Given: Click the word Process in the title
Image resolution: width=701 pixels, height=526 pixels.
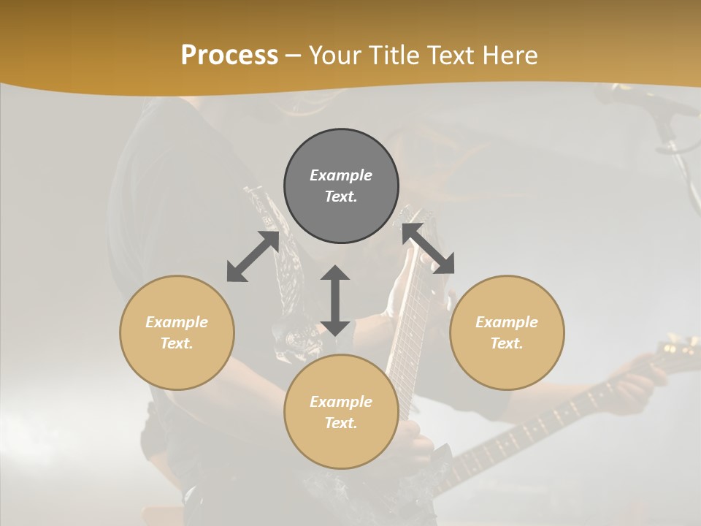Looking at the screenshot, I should pos(229,56).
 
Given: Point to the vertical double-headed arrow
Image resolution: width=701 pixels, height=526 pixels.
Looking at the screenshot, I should pos(335,300).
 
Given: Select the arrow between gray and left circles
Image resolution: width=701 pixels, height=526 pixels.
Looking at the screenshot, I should pos(253,256).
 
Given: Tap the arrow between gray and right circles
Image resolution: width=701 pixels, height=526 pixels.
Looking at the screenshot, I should pos(429,249).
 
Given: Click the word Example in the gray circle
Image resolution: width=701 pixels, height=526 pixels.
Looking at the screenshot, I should pos(341,175).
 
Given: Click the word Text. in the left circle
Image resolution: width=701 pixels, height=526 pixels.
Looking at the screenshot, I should pos(177,343).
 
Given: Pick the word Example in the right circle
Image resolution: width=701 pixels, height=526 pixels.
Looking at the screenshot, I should pos(507,322).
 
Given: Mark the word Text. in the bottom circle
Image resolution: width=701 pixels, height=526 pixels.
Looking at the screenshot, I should pos(341,423).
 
